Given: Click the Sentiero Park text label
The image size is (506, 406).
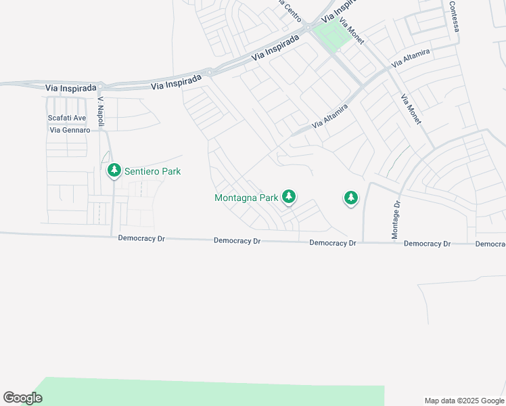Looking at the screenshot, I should (x=152, y=172).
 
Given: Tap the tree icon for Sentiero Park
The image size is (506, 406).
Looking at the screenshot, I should (x=114, y=171).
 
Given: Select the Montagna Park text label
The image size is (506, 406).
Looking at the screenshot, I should (x=246, y=198).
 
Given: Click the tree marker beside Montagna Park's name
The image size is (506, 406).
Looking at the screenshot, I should (x=290, y=197).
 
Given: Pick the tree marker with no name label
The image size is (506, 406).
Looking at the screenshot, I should (x=350, y=198).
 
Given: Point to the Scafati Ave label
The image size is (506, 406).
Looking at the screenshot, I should (x=67, y=118).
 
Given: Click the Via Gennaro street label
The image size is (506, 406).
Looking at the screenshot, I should (x=68, y=130).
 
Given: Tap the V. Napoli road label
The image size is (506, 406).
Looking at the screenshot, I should (x=101, y=108).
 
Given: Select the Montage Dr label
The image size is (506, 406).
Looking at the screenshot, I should (x=396, y=219).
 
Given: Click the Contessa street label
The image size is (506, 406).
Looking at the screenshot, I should (x=455, y=16).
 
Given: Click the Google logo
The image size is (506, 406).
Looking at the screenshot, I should (x=22, y=398).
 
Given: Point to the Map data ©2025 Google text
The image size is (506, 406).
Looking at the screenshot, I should (x=464, y=401).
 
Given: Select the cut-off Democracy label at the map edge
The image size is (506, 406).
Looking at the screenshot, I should (x=490, y=244).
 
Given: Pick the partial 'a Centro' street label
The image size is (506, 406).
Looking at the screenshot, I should (x=290, y=10).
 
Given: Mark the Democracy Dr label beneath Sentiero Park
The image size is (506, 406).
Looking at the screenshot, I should (x=141, y=238).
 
